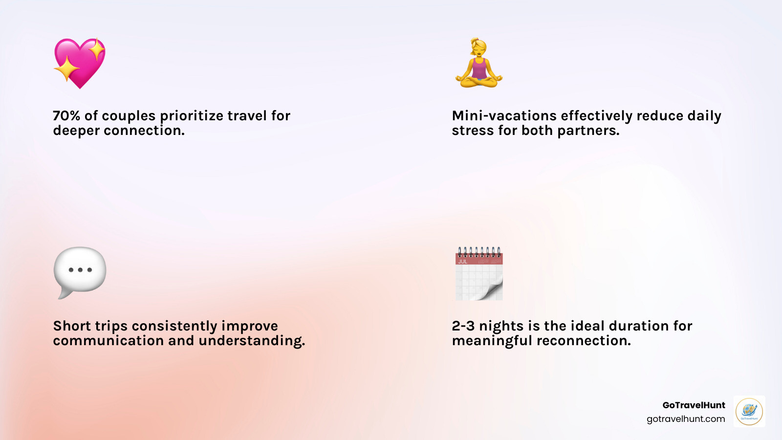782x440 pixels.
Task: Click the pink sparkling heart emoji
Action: pos(80,63)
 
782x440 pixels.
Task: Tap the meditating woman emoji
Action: pos(479,63)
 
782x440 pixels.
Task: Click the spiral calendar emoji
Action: pos(479,273)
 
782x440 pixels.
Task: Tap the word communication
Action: pos(108,340)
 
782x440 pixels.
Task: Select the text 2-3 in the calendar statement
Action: pos(463,326)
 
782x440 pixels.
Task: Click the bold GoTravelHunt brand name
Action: pos(694,405)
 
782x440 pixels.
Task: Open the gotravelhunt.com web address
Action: pos(686,419)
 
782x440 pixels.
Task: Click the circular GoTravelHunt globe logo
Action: pos(749,411)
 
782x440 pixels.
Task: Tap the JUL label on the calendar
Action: pos(462,262)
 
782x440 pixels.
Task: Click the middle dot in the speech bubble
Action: pos(80,270)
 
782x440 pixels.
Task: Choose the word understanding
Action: pos(252,341)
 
